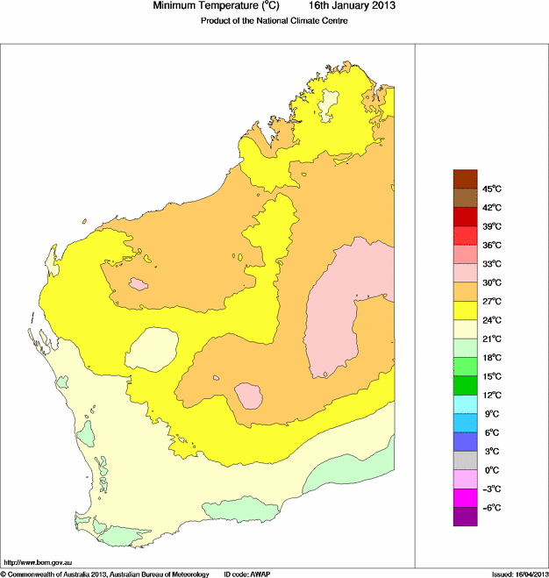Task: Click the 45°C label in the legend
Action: [491, 189]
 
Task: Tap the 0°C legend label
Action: [490, 470]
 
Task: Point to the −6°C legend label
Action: [491, 508]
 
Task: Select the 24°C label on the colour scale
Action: [491, 320]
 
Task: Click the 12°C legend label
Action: [491, 395]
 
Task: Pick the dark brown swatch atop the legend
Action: [465, 179]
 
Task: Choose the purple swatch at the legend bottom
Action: [465, 517]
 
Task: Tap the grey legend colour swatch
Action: [465, 460]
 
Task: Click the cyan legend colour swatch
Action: [465, 404]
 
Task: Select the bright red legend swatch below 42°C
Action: [465, 217]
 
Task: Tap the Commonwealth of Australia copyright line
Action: [105, 574]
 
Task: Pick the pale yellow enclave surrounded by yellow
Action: [153, 350]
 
